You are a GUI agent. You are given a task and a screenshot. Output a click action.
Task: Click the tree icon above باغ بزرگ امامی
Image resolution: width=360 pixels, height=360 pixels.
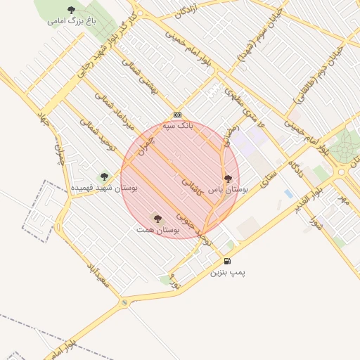click(x=71, y=10)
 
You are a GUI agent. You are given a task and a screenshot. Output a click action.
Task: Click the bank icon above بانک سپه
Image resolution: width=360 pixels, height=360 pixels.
click(x=177, y=115)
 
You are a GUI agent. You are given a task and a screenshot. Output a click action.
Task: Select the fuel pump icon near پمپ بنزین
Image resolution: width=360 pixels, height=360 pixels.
click(x=227, y=262)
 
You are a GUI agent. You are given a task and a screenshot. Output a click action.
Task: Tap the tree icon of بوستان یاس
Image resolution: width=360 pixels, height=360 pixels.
click(x=227, y=179)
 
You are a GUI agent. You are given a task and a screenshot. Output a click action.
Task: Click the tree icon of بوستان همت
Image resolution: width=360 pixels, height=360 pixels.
click(x=157, y=219)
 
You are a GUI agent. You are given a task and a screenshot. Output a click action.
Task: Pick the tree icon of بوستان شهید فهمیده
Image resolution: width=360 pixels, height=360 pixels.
click(x=104, y=176)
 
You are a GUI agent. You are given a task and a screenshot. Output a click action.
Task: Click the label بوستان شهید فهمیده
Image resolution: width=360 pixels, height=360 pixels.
click(x=105, y=188)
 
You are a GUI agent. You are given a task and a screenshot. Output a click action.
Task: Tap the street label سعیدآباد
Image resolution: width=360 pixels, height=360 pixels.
click(x=96, y=276)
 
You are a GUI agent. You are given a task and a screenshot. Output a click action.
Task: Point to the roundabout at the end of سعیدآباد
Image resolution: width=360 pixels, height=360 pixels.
click(x=125, y=302)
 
